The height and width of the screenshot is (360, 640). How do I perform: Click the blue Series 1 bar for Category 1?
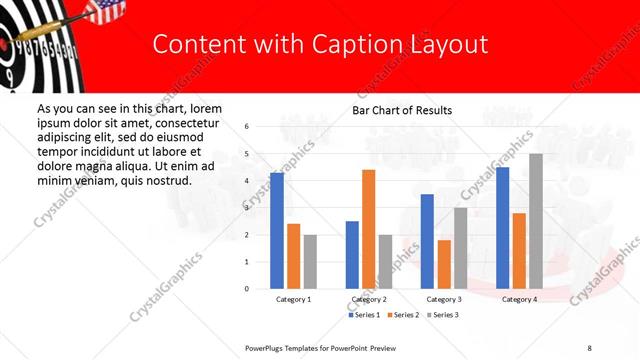click(277, 231)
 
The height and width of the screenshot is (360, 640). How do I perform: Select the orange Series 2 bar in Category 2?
click(368, 229)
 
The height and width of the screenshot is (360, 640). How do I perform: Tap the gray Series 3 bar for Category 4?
click(536, 221)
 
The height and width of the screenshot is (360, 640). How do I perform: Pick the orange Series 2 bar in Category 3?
click(445, 264)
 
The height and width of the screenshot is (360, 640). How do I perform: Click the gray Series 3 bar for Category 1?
click(310, 261)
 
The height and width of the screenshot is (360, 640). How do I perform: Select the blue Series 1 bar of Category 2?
click(352, 254)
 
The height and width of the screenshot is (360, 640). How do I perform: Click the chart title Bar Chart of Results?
click(402, 110)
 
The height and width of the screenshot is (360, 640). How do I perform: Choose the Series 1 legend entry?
click(364, 315)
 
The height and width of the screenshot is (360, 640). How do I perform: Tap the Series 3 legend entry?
click(441, 315)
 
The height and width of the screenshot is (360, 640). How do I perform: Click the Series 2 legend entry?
click(402, 315)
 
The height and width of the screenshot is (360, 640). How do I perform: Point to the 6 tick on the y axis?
click(246, 127)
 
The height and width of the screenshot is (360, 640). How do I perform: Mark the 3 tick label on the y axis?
click(246, 208)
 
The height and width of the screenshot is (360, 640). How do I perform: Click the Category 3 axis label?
click(444, 299)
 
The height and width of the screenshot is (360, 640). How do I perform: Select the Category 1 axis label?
click(294, 299)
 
